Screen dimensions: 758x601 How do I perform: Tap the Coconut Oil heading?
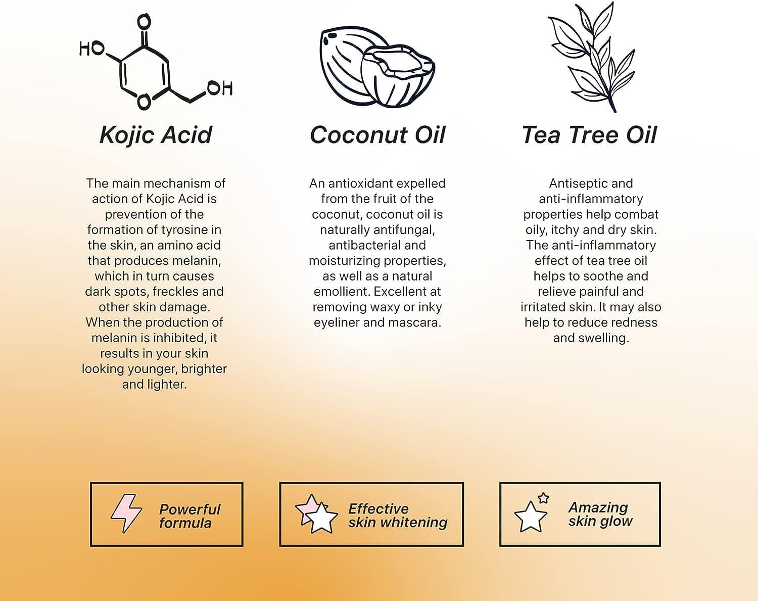click(377, 135)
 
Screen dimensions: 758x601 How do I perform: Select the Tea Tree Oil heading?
click(589, 135)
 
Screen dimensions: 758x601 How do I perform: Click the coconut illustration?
click(377, 67)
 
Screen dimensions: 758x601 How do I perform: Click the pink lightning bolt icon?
click(126, 513)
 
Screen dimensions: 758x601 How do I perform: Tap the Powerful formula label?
click(189, 516)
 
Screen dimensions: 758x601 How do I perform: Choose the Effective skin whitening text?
click(398, 516)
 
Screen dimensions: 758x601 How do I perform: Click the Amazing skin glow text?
click(600, 515)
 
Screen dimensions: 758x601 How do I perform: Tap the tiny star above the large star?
click(544, 498)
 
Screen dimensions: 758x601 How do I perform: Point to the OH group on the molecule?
click(220, 88)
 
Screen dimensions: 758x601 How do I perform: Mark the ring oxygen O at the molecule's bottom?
click(144, 102)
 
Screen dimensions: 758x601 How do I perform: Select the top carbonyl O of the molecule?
click(144, 22)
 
